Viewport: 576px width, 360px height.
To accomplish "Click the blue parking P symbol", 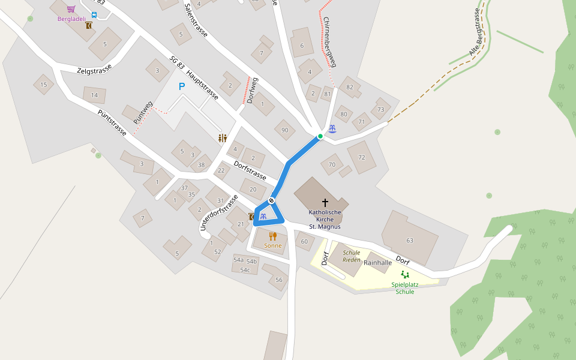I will click(182, 86).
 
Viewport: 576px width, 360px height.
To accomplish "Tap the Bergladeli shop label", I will click(71, 19).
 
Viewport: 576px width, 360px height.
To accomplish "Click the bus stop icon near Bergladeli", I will click(94, 15).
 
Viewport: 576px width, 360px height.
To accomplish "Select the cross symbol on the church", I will click(325, 203).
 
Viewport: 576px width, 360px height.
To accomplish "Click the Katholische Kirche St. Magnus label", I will click(325, 220).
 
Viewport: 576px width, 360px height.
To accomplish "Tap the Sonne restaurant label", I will click(272, 245).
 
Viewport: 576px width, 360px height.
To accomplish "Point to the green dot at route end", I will click(320, 136).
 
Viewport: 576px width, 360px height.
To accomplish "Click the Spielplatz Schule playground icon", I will click(405, 275).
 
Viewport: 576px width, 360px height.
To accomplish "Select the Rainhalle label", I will click(378, 263).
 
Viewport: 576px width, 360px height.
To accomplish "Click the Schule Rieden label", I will click(352, 256).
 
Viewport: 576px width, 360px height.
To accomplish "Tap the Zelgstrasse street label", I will click(94, 70).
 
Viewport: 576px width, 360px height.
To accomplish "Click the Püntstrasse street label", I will click(112, 122).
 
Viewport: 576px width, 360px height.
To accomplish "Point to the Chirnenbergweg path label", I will click(329, 41).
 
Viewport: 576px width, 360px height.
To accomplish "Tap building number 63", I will click(410, 241).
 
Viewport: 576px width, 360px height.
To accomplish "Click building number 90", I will click(284, 130).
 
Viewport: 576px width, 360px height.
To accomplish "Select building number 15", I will click(43, 85).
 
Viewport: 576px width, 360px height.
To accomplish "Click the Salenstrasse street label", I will click(196, 20).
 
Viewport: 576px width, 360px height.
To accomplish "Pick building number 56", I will click(278, 280).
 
